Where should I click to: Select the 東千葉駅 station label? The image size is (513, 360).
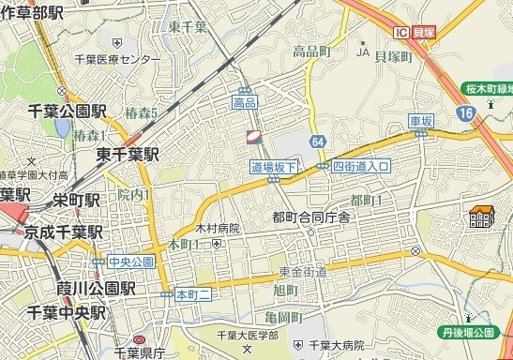(x=128, y=155)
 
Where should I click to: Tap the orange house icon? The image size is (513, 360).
(x=481, y=217)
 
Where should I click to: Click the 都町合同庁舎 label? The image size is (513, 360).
(x=310, y=217)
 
